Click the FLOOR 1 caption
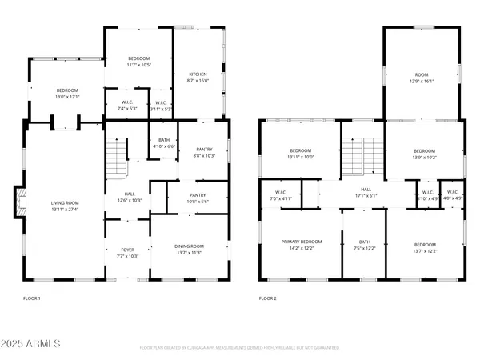pyautogui.click(x=32, y=298)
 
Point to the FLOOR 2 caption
pyautogui.click(x=268, y=298)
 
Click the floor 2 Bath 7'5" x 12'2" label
pyautogui.click(x=365, y=245)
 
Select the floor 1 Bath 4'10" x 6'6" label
pyautogui.click(x=162, y=142)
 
